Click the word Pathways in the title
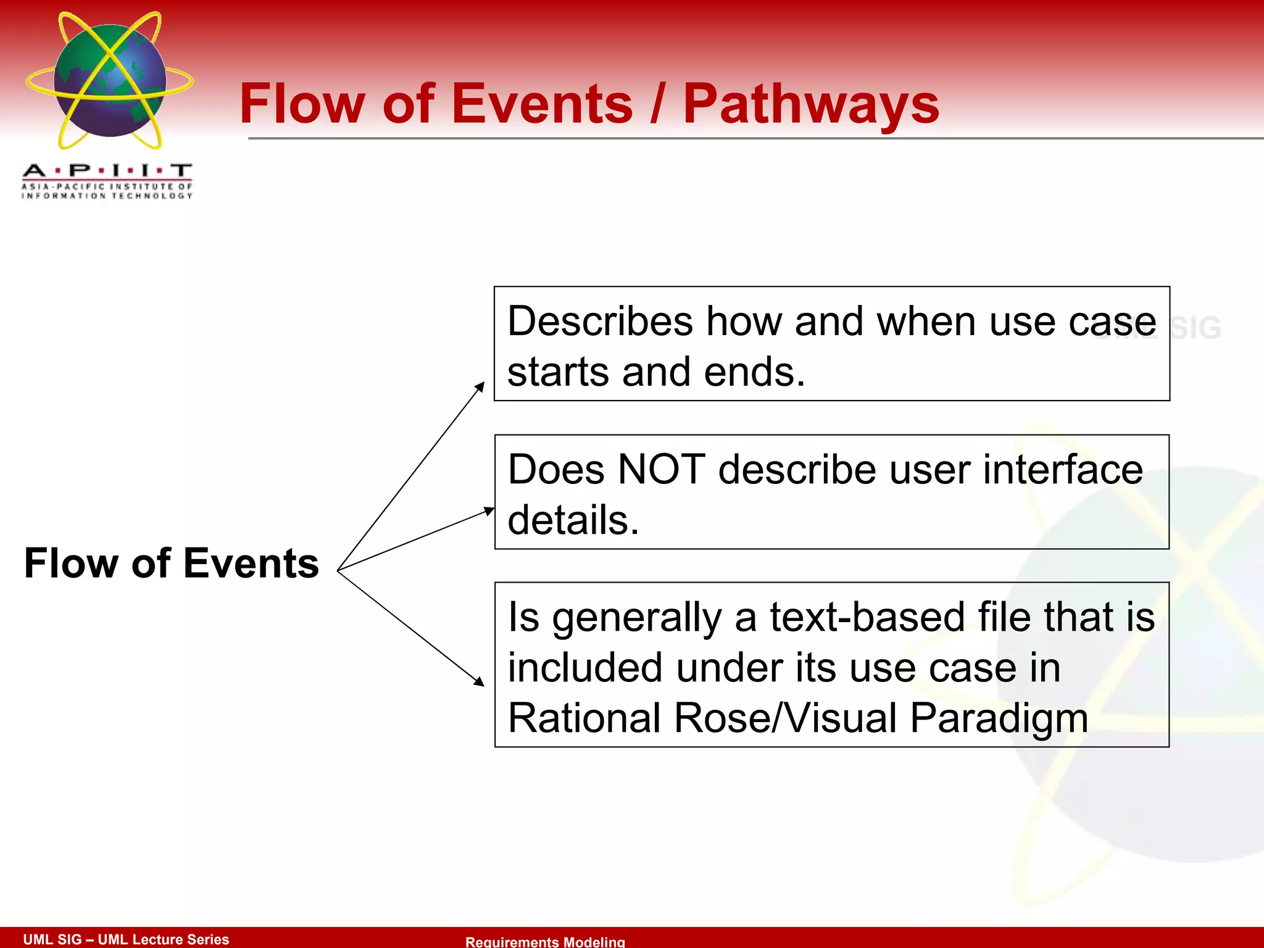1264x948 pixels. [810, 105]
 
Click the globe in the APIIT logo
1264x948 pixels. [110, 80]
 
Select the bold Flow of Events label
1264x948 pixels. [172, 563]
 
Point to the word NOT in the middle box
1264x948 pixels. [661, 470]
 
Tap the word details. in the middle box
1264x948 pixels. [573, 520]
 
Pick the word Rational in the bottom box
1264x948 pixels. [583, 718]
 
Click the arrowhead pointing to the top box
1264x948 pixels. [480, 386]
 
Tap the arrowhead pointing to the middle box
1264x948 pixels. [489, 510]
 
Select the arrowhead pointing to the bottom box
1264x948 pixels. [479, 681]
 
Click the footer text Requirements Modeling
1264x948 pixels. [545, 941]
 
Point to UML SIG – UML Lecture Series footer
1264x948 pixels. [126, 939]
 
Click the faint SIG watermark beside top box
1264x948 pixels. [1195, 328]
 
